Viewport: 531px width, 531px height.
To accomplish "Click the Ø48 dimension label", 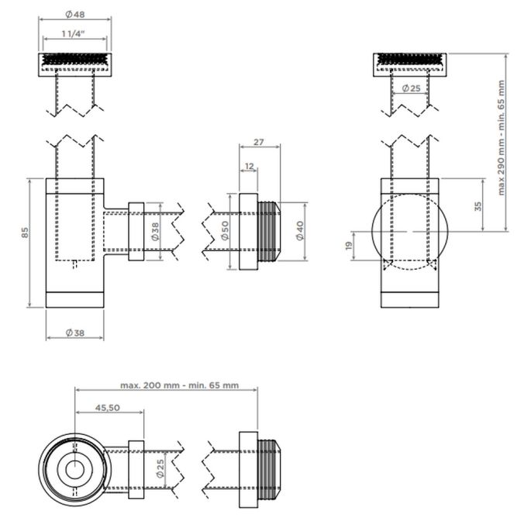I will [x=75, y=16].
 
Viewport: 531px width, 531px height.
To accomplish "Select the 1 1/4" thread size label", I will [x=75, y=35].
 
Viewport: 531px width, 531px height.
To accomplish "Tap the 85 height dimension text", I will [x=25, y=232].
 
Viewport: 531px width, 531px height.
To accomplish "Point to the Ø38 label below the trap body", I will [x=74, y=333].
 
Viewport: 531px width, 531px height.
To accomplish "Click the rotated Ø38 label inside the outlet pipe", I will [x=155, y=231].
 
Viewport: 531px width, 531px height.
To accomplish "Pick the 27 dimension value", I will [x=259, y=142].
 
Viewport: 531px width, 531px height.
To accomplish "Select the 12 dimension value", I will [x=248, y=167].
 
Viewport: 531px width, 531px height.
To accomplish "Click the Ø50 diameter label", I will [x=225, y=231].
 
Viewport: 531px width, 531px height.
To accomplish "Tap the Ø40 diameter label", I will [x=300, y=230].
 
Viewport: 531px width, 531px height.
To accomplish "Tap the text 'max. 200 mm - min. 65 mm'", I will [x=179, y=384].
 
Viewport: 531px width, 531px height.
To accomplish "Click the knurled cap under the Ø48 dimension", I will [x=75, y=60].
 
